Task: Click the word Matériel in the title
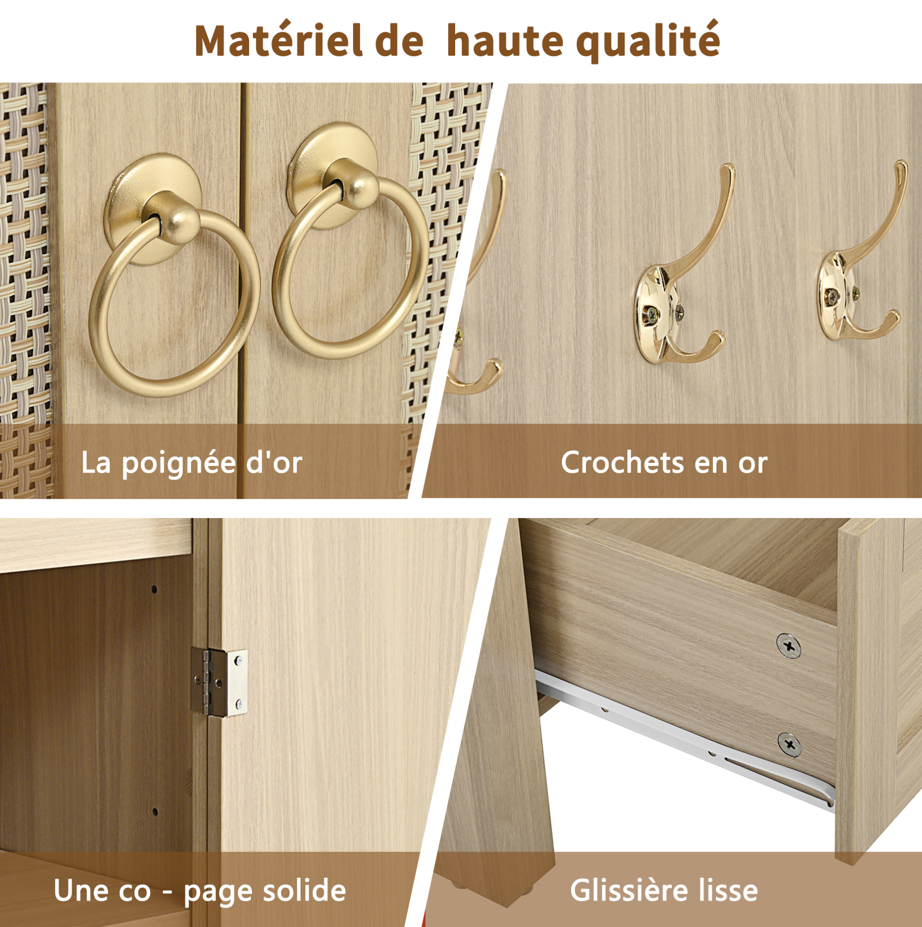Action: [279, 41]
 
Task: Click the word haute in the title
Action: [504, 41]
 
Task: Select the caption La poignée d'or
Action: [192, 463]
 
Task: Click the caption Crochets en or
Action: [664, 463]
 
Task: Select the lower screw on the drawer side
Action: [789, 745]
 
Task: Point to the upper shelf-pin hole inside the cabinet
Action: [154, 588]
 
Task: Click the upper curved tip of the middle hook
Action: [728, 169]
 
